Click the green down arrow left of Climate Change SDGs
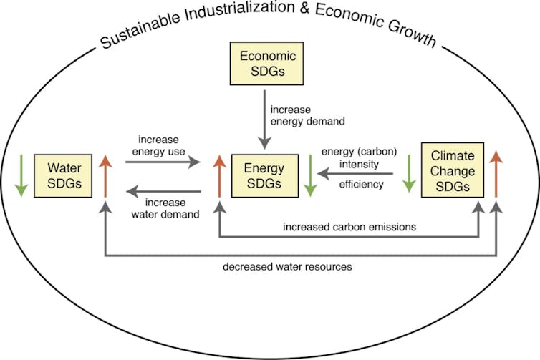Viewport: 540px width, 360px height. tap(408, 175)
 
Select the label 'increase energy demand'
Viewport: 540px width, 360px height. tap(307, 115)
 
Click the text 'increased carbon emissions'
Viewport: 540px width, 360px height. tap(349, 226)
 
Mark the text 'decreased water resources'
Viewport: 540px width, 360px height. tap(287, 266)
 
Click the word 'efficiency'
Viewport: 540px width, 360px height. tap(362, 185)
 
